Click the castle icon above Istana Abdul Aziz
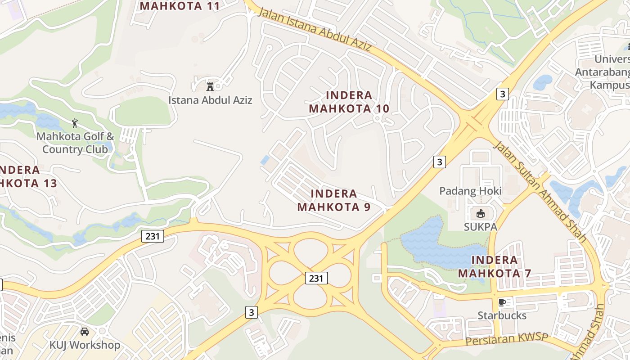(210, 86)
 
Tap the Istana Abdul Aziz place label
(210, 100)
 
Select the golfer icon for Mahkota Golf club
(75, 123)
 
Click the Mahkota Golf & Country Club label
(75, 143)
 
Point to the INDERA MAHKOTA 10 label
(349, 102)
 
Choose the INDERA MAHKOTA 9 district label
(334, 200)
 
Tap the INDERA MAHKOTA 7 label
(495, 266)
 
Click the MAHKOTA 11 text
(180, 6)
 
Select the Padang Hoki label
(470, 191)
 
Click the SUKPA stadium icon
(480, 213)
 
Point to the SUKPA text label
(481, 227)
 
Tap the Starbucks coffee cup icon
(502, 302)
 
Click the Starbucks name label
(502, 315)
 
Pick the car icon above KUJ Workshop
(84, 332)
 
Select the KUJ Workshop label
(85, 345)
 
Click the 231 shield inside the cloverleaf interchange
(316, 278)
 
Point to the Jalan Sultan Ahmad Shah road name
(540, 191)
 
